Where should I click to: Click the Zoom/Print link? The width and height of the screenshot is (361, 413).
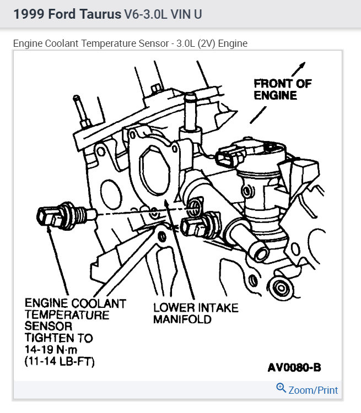[x=313, y=390]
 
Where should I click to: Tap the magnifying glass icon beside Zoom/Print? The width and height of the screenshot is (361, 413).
[x=281, y=389]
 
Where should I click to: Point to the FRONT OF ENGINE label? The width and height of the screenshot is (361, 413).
[x=282, y=89]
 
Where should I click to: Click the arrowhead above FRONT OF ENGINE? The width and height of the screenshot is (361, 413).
[x=301, y=66]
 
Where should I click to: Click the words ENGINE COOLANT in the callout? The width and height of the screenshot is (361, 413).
[x=75, y=303]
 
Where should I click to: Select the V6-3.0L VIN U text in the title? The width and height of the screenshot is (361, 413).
[x=163, y=14]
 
